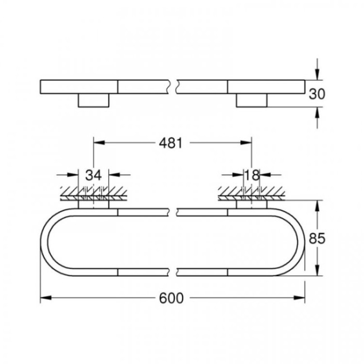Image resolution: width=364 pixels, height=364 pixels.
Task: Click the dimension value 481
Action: (172, 144)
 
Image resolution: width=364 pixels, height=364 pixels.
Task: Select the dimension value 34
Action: (93, 175)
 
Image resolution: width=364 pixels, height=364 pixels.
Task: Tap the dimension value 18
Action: (252, 175)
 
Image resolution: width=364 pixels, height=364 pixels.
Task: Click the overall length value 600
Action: (172, 298)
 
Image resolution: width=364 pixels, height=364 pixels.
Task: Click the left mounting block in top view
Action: (93, 101)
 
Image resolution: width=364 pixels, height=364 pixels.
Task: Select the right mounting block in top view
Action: (252, 101)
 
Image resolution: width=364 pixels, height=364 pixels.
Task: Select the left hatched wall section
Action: (93, 193)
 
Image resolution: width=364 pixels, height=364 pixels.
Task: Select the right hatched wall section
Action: (252, 193)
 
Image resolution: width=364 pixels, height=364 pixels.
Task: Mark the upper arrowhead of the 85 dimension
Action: (317, 205)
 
